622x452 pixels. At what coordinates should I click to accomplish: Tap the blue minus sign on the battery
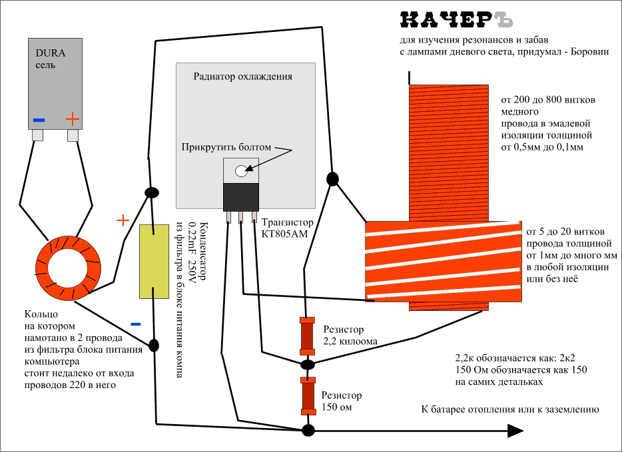click(39, 120)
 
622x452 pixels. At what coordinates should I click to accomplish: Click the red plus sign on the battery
click(73, 120)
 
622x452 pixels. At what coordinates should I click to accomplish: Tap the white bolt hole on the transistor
click(240, 171)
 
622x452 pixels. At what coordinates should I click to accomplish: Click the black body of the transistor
click(240, 197)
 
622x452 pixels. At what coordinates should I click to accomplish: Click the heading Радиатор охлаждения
click(242, 76)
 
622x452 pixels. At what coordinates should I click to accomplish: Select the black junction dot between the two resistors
click(307, 365)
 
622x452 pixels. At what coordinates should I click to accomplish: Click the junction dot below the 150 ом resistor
click(308, 430)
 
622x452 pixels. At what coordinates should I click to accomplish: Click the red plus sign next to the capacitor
click(122, 220)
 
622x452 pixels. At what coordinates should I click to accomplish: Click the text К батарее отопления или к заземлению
click(511, 409)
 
